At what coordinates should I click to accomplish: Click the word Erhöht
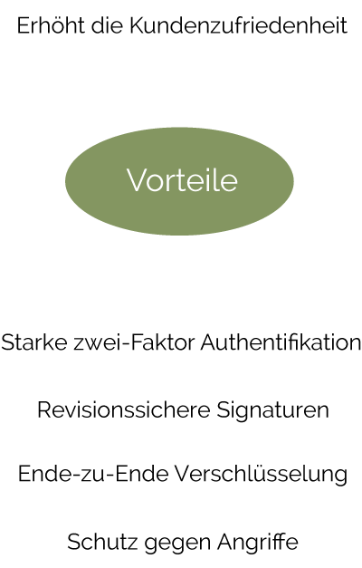coord(51,25)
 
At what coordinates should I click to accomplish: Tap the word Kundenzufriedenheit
coord(239,25)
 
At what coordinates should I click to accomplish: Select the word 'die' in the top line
coord(107,25)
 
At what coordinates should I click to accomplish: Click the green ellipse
coord(179,181)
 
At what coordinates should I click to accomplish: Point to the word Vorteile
coord(182,180)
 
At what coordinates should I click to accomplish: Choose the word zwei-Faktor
coord(134,342)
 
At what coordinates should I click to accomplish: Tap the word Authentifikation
coord(281,342)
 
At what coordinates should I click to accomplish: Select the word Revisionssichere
coord(124,410)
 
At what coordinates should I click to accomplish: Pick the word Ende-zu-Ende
coord(93,474)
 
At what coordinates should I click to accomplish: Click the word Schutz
coord(102,543)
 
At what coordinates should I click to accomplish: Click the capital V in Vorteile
coord(137,180)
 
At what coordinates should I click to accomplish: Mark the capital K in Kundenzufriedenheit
coord(138,25)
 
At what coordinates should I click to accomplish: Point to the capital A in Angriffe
coord(225,543)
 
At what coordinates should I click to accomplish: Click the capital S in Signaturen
coord(224,410)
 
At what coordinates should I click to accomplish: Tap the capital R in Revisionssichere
coord(44,410)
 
